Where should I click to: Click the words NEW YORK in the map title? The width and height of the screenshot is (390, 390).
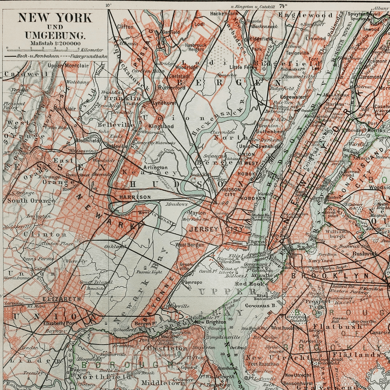click(55, 18)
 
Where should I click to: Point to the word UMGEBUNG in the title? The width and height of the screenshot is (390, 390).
click(55, 35)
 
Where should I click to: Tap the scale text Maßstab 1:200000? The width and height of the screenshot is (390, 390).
click(51, 43)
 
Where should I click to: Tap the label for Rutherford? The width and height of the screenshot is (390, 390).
click(172, 88)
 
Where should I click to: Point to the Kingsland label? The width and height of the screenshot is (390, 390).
click(161, 126)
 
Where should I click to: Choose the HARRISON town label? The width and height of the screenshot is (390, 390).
click(135, 197)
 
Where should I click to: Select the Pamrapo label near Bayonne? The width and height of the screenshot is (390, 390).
click(192, 282)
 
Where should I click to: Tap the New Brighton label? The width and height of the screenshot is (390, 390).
click(210, 322)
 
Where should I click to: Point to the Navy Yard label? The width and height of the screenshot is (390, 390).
click(320, 260)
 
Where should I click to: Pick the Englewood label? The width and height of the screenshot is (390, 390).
click(305, 15)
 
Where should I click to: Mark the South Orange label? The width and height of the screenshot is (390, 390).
click(31, 201)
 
